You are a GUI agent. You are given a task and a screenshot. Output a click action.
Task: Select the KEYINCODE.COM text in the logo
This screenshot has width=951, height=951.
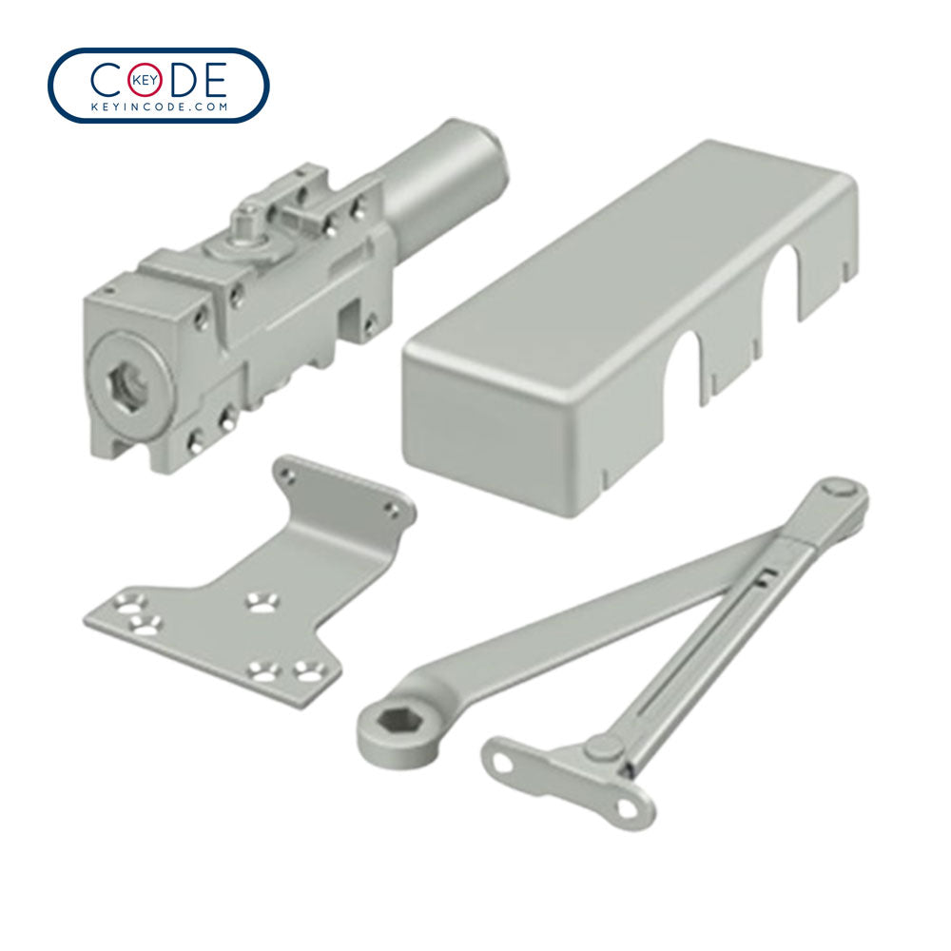(x=158, y=107)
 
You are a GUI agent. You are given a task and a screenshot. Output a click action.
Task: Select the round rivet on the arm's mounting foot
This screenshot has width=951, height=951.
(x=600, y=748)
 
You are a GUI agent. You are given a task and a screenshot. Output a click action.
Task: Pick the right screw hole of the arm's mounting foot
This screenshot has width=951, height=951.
(x=625, y=806)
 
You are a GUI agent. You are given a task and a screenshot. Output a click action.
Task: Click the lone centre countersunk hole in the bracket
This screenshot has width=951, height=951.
(x=259, y=602)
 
